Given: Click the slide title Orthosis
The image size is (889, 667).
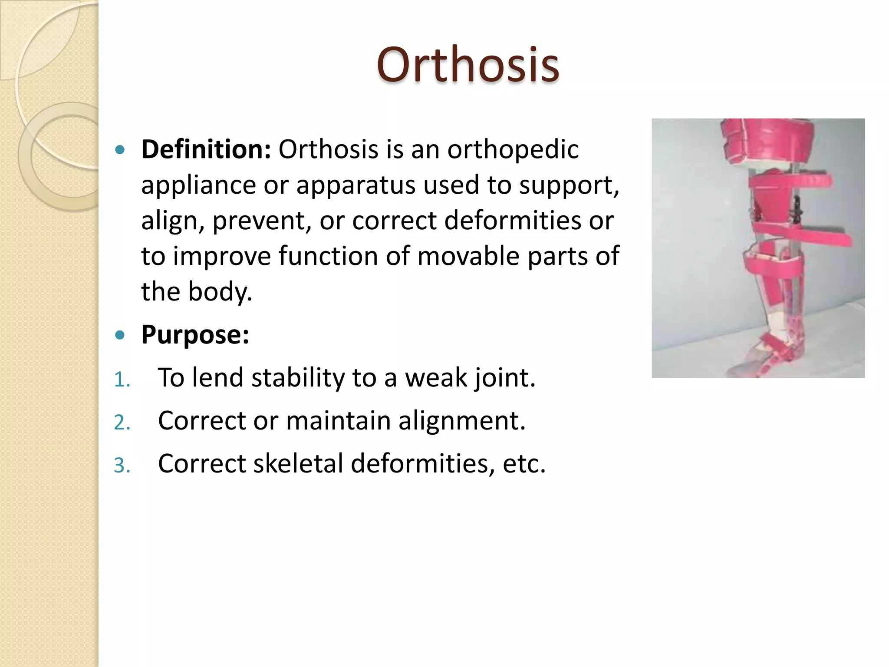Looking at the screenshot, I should tap(468, 65).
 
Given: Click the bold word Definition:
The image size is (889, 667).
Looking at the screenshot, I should tap(206, 149).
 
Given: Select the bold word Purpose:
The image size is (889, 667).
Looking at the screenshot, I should tap(195, 335).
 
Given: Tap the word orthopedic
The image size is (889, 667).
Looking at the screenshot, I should tap(513, 150).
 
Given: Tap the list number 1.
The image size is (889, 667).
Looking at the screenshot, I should tap(121, 380).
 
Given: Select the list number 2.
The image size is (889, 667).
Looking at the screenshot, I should tap(122, 423).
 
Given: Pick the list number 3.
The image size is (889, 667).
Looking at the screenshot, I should tap(122, 466).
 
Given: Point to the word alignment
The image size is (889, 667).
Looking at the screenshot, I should tap(462, 421).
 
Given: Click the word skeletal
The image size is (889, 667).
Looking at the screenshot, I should tap(298, 464).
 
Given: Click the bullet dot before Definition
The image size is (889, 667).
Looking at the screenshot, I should tap(120, 150).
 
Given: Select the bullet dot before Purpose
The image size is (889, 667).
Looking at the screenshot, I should tap(120, 335).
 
